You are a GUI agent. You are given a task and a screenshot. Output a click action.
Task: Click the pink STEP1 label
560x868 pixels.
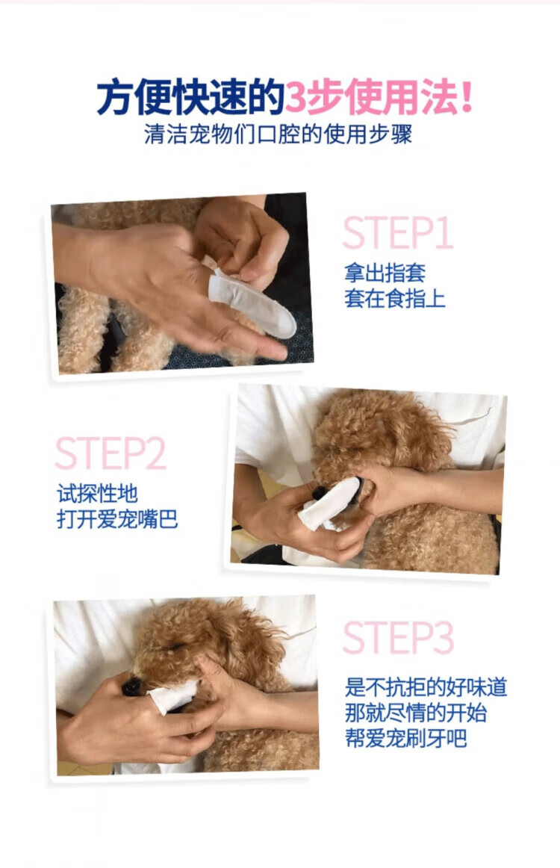398,232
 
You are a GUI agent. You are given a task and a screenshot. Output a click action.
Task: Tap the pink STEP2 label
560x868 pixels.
111,453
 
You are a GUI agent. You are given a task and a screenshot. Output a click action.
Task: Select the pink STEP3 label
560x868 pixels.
398,637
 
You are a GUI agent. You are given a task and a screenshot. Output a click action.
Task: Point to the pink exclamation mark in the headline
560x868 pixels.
466,97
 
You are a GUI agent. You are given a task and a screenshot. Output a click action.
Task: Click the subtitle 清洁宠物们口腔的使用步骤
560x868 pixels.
279,134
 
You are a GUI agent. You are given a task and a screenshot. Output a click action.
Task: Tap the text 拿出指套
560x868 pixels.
385,272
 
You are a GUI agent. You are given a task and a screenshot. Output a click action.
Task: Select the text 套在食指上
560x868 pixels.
394,298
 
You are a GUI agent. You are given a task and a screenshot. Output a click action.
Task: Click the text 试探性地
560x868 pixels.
97,493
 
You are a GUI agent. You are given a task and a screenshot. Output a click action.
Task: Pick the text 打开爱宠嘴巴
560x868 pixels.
117,519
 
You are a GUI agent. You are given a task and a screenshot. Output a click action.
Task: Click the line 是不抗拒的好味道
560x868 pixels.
426,687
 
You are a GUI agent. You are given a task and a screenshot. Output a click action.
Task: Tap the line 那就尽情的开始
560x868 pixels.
416,713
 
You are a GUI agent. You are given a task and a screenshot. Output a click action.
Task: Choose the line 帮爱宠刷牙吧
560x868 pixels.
405,739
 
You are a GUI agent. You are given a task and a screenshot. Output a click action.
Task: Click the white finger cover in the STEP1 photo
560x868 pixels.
252,303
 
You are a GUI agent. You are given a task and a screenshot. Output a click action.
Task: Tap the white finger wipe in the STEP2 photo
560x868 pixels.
329,503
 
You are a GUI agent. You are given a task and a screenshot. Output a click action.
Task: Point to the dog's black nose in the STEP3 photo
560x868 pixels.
131,687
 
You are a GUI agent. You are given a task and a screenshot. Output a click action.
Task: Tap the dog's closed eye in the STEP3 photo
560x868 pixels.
175,647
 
